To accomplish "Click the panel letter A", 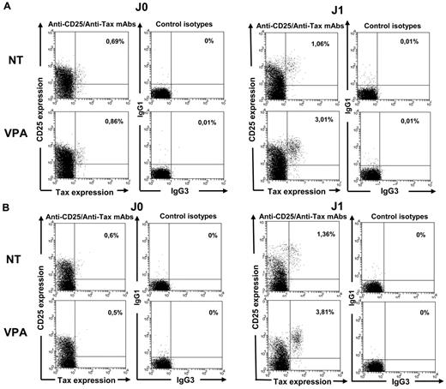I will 7,7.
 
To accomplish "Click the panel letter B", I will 7,205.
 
